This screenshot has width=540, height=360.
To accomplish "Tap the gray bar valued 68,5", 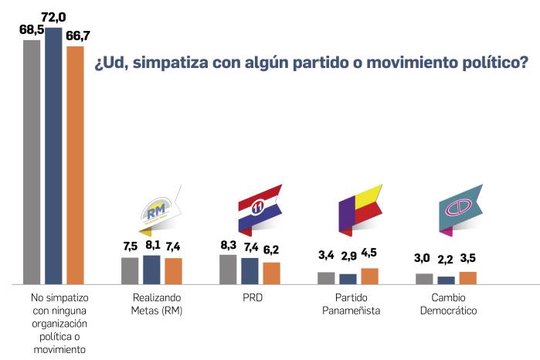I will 32,162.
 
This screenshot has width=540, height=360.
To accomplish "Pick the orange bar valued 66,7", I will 75,165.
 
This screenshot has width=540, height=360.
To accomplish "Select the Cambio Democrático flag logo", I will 459,209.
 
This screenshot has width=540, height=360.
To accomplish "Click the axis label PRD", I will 250,297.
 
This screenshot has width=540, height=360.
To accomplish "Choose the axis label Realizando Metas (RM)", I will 152,304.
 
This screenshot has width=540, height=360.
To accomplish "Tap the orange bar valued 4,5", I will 370,277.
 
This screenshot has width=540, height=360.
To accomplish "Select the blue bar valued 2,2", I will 447,280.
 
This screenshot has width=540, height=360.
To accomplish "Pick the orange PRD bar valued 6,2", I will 272,273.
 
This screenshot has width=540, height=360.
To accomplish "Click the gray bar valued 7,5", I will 130,270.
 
